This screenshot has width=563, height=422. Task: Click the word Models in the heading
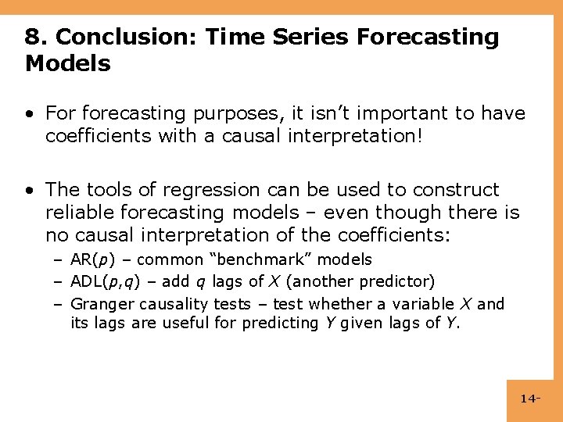point(67,63)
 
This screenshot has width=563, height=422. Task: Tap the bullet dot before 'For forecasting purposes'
point(29,114)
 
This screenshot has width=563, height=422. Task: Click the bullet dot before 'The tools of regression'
point(29,190)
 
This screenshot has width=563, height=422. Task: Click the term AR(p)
point(91,259)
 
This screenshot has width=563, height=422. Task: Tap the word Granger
point(99,303)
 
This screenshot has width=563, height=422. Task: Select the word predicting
point(274,322)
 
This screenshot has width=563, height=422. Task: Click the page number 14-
point(529,399)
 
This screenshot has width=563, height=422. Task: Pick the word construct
point(461,190)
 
